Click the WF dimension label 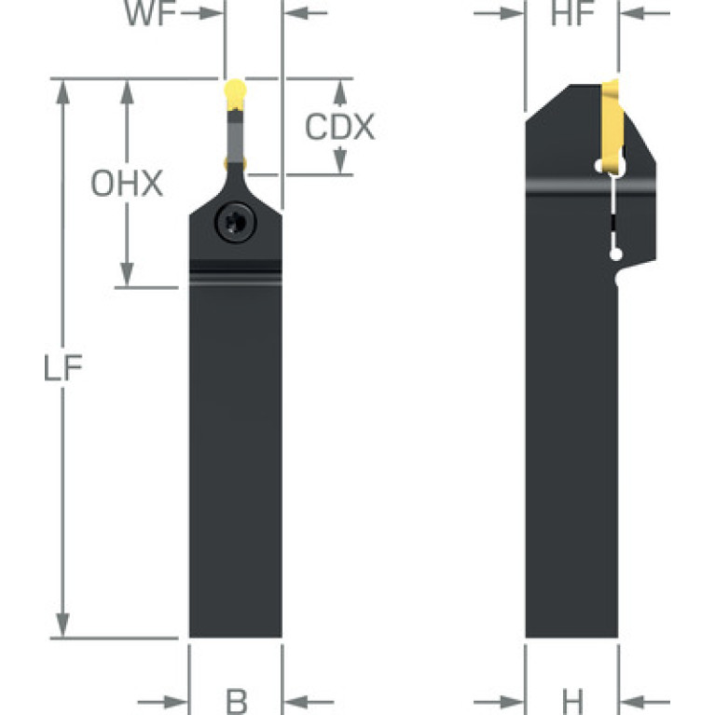coord(150,13)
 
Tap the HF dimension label coord(572,13)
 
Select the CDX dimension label coord(339,127)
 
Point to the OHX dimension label coord(127,184)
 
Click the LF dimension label coord(63,368)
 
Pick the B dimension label coord(237,701)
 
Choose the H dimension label coord(572,701)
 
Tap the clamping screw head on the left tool coord(235,223)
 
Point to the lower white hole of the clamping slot coord(615,254)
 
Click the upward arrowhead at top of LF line coord(62,92)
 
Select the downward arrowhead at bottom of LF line coord(62,626)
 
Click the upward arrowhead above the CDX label coord(339,92)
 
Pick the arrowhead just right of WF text coord(212,13)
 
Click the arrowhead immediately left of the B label coord(176,702)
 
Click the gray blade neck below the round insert coord(235,137)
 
